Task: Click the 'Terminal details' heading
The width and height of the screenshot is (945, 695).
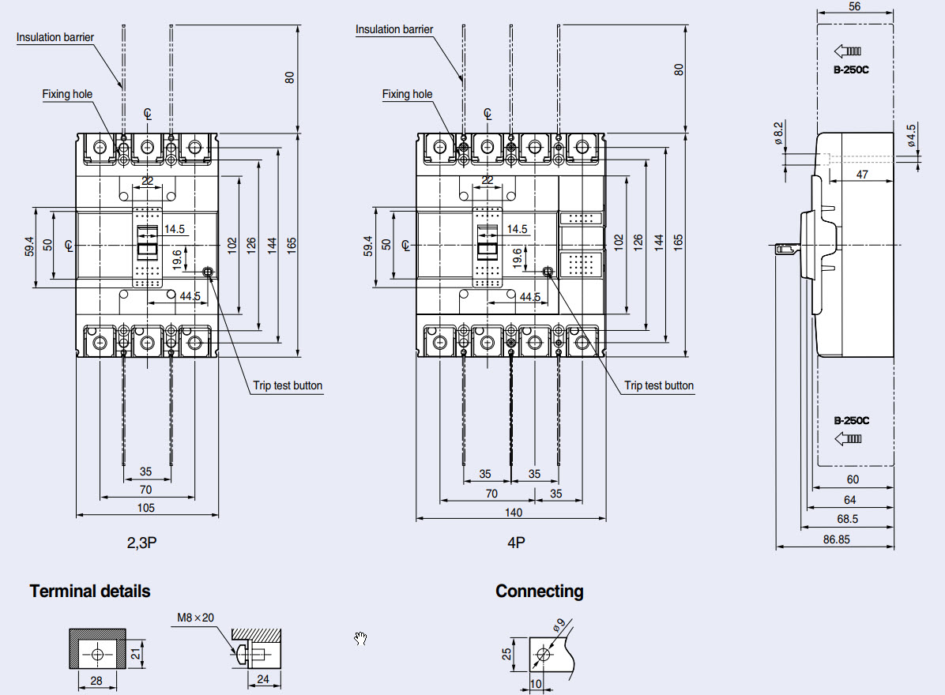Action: pyautogui.click(x=89, y=591)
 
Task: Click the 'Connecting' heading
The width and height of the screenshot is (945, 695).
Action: pyautogui.click(x=539, y=591)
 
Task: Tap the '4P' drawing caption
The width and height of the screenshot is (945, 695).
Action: pyautogui.click(x=517, y=543)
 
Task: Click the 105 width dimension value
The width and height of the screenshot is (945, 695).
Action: pyautogui.click(x=146, y=508)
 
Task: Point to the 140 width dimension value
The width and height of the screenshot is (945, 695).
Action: pyautogui.click(x=514, y=513)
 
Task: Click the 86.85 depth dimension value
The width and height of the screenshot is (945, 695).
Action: pyautogui.click(x=841, y=540)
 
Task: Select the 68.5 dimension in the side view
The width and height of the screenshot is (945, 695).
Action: pyautogui.click(x=847, y=520)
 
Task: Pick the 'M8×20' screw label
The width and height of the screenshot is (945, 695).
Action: pyautogui.click(x=195, y=618)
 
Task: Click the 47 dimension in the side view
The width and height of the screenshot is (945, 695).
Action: pyautogui.click(x=862, y=175)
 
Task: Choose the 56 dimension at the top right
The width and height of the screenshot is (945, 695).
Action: pyautogui.click(x=854, y=6)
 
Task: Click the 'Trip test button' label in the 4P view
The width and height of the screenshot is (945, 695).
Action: pyautogui.click(x=659, y=386)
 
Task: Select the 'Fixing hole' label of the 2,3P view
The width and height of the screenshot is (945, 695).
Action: pyautogui.click(x=67, y=94)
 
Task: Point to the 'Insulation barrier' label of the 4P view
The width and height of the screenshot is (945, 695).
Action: pyautogui.click(x=394, y=29)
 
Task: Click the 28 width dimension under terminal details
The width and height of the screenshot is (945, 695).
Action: pyautogui.click(x=97, y=680)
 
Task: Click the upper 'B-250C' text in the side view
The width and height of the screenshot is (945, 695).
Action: pyautogui.click(x=851, y=69)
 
